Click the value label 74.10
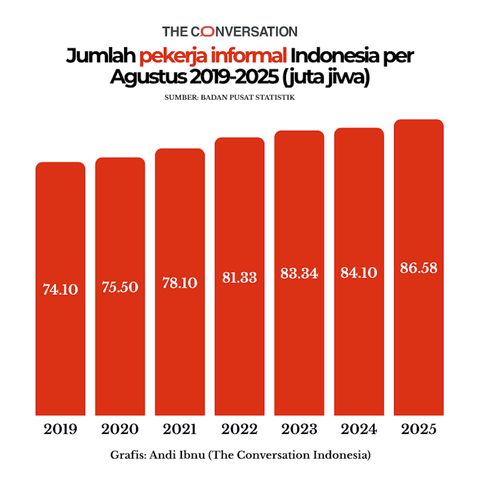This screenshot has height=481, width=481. click(x=60, y=290)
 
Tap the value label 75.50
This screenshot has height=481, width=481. click(x=120, y=287)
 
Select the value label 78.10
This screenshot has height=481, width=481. click(x=180, y=283)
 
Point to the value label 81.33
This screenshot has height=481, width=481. click(x=239, y=278)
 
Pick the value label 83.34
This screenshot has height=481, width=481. click(x=299, y=273)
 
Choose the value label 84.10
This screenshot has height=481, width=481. click(x=359, y=273)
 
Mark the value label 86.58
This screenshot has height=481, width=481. click(x=419, y=268)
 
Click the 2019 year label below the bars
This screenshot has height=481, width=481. click(x=60, y=429)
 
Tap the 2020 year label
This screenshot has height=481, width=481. click(x=120, y=429)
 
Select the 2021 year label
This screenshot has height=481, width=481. click(x=180, y=429)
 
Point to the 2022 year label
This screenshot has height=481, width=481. click(x=239, y=429)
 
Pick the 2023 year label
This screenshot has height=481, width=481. click(x=299, y=429)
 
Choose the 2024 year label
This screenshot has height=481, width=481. click(x=359, y=429)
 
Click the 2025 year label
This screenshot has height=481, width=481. click(x=419, y=429)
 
